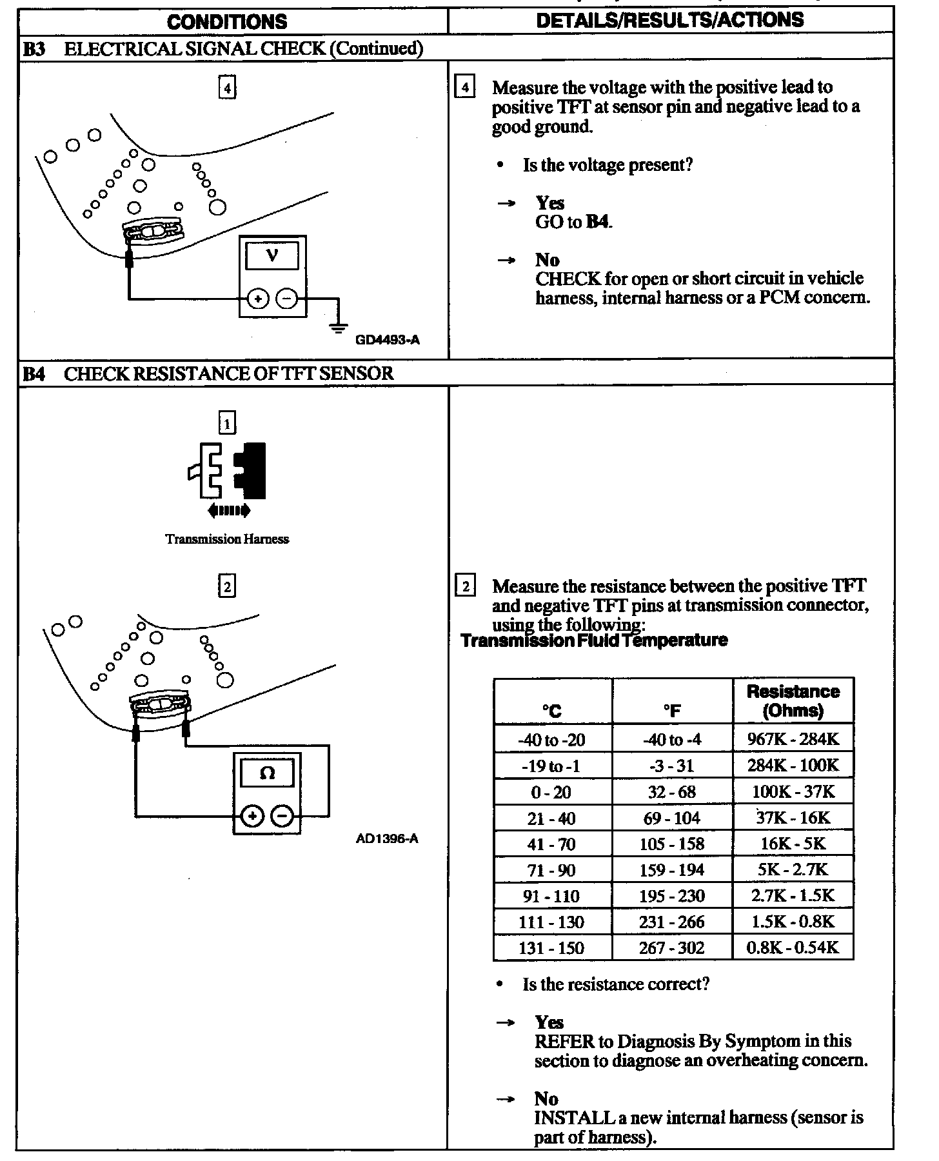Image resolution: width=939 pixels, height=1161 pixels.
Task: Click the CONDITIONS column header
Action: (x=227, y=21)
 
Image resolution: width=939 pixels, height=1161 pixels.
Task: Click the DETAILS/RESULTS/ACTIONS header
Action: (x=670, y=20)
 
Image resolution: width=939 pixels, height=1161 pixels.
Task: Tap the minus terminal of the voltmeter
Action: (x=287, y=299)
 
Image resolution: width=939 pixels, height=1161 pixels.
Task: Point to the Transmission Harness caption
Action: (x=227, y=539)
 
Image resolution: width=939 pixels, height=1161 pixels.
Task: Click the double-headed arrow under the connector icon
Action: (x=228, y=511)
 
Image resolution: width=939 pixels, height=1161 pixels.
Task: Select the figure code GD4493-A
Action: (x=388, y=340)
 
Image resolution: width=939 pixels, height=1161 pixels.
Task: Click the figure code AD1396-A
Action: (x=387, y=839)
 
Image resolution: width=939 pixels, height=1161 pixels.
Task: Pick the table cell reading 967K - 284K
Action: (x=793, y=739)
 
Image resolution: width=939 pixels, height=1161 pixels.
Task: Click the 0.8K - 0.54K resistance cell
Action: (x=793, y=948)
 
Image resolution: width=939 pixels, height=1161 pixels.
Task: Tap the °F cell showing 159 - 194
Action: (x=672, y=870)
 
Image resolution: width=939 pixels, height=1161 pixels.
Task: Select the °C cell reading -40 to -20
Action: (x=552, y=740)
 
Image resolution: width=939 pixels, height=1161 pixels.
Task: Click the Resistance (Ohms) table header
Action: (x=793, y=701)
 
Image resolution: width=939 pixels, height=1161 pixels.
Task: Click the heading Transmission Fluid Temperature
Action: (x=594, y=640)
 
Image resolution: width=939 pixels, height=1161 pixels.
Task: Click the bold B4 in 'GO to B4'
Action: (x=597, y=223)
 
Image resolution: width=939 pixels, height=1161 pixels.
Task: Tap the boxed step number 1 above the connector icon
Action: (x=227, y=424)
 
